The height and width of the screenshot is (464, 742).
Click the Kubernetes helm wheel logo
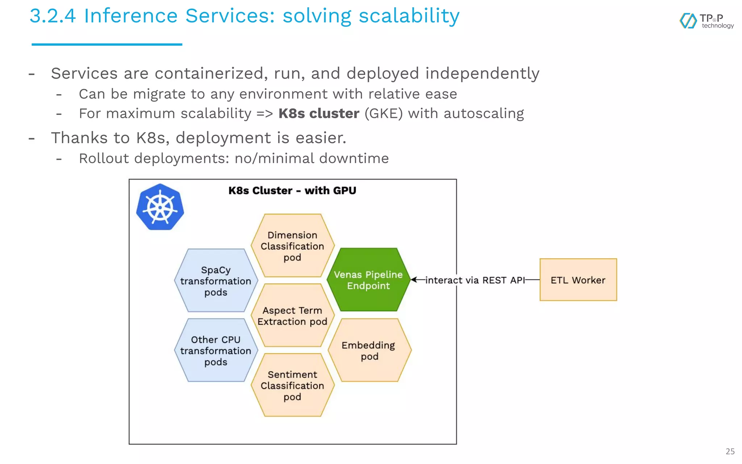pos(160,207)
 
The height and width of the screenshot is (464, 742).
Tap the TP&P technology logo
pos(706,21)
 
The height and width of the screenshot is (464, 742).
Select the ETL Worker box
pos(578,279)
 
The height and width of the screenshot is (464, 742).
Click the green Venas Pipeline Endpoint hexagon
pos(368,280)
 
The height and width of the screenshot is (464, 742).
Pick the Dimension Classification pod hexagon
pos(292,246)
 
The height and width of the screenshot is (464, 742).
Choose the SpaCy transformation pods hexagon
pos(216,281)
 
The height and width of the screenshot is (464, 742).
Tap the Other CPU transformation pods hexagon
pos(216,350)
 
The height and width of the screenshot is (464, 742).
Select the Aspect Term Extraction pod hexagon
pos(292,316)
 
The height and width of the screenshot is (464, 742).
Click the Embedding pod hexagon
pos(369,350)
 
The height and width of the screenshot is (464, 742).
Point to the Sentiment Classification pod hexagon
pos(292,385)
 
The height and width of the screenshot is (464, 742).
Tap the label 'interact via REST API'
pos(475,280)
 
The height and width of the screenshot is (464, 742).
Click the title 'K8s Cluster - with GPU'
pos(292,191)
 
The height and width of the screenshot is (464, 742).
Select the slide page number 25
pos(730,451)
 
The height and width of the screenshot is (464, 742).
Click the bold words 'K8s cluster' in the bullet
pos(318,113)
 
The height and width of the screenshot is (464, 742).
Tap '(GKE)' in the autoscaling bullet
pos(383,113)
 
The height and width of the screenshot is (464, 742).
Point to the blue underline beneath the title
pos(107,45)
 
